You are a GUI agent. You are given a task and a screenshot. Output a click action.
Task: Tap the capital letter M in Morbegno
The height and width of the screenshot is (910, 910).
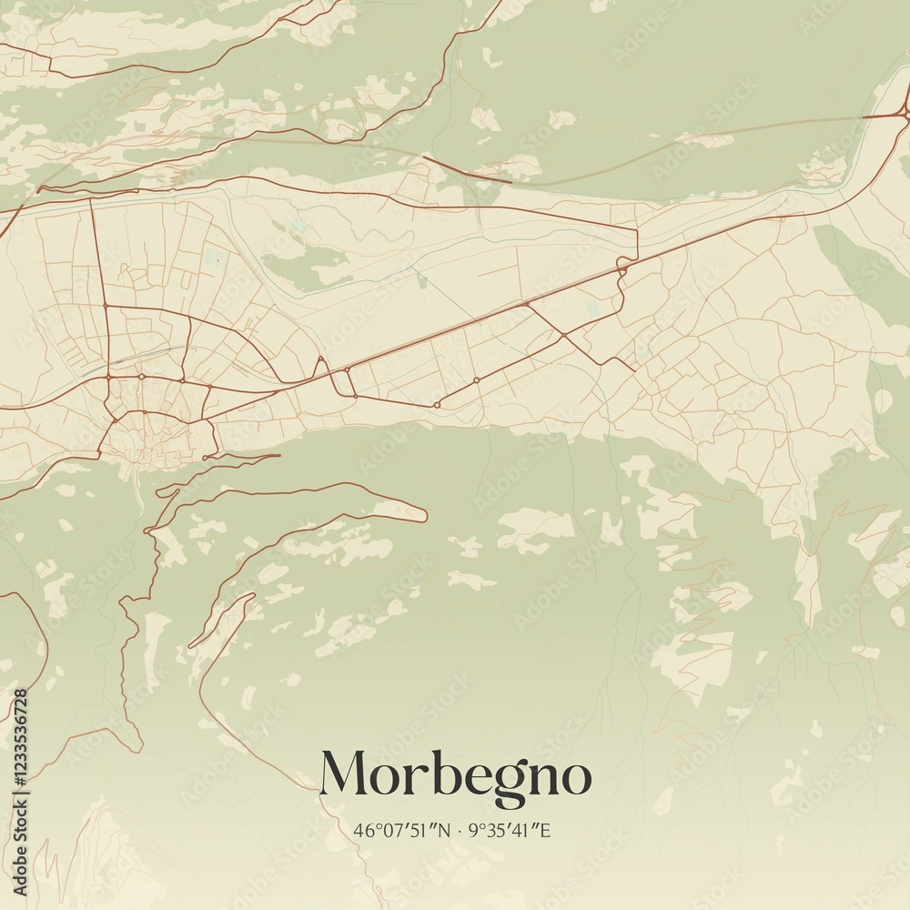[x=343, y=773]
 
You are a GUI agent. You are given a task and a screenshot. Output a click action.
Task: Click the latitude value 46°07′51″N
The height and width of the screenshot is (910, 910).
[x=402, y=830]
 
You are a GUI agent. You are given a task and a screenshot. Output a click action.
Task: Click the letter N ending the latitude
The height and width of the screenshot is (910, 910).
[x=445, y=830]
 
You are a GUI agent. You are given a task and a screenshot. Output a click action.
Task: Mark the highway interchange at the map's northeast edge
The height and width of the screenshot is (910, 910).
[x=901, y=113]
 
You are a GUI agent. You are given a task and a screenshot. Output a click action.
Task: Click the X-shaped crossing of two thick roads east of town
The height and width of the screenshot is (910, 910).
[x=564, y=336]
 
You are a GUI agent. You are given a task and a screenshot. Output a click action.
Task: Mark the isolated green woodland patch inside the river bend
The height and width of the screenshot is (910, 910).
[x=305, y=264]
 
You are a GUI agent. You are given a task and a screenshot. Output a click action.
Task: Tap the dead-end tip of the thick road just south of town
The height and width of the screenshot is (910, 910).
[x=278, y=455]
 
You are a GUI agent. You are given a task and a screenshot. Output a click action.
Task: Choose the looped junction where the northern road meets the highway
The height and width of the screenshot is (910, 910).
[x=622, y=265]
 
